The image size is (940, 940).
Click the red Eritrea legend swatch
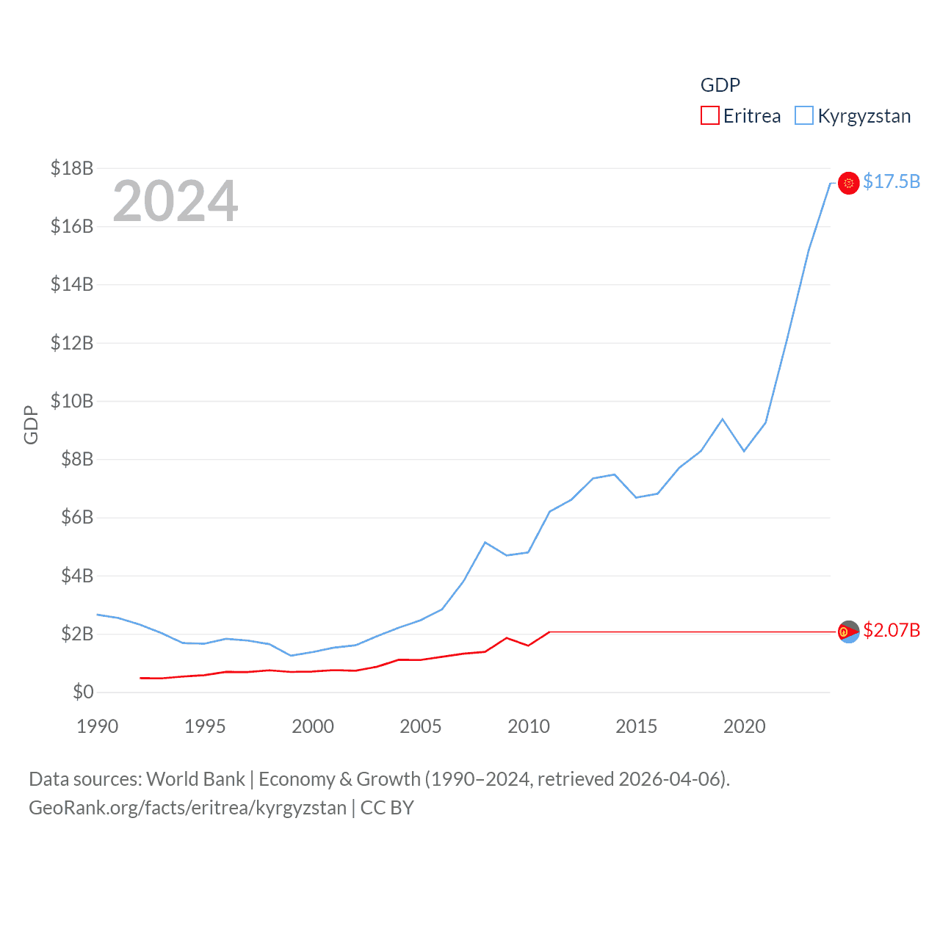click(x=709, y=116)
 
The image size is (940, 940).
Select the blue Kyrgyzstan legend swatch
click(x=804, y=116)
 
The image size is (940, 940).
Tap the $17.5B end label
click(x=891, y=181)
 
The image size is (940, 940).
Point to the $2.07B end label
click(x=891, y=631)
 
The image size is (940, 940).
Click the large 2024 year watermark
click(x=175, y=200)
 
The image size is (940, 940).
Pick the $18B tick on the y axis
click(x=72, y=168)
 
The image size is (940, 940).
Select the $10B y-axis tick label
click(x=72, y=401)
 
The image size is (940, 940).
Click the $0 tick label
click(x=83, y=692)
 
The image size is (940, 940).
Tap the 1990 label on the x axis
click(x=97, y=726)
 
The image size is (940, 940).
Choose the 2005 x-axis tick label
click(x=420, y=726)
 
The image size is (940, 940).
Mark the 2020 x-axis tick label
click(x=744, y=726)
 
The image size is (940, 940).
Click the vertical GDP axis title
click(x=31, y=424)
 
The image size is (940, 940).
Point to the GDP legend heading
click(x=720, y=85)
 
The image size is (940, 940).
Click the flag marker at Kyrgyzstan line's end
click(x=848, y=183)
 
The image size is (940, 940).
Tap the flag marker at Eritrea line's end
click(x=848, y=632)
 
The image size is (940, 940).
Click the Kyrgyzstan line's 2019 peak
click(x=723, y=419)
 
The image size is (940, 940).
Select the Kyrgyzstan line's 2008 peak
click(x=485, y=542)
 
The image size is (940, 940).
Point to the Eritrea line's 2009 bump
click(x=507, y=637)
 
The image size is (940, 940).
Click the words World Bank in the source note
click(x=195, y=779)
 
